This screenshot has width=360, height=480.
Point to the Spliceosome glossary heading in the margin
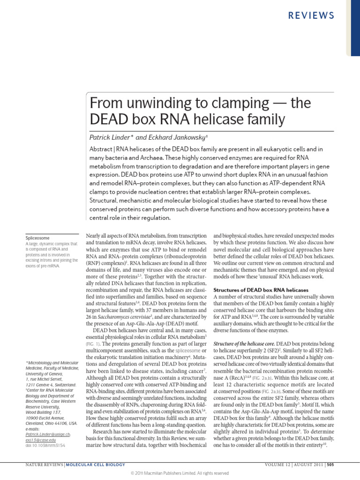tap(38, 238)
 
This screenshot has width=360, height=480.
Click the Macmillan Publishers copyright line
tap(180, 473)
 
